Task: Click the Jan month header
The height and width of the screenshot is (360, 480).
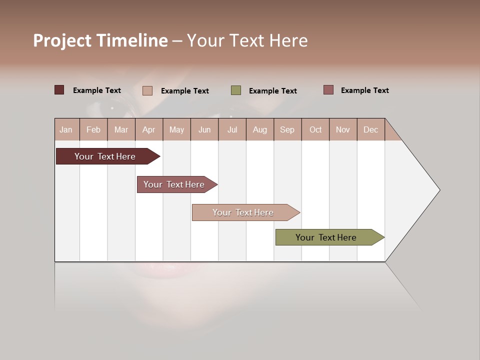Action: click(66, 129)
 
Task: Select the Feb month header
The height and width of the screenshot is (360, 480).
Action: click(93, 129)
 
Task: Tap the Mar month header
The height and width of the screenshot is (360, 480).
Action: click(121, 129)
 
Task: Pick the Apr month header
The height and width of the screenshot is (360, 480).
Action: click(149, 129)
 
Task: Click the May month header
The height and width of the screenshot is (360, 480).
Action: click(176, 129)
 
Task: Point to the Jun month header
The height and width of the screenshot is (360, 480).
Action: click(204, 129)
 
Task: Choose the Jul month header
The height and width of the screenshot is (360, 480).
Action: click(232, 129)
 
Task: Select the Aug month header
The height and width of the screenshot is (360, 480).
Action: click(260, 129)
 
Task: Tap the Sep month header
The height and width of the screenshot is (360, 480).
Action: click(287, 129)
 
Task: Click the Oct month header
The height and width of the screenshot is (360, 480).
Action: click(315, 129)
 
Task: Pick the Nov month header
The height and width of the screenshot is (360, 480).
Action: click(343, 129)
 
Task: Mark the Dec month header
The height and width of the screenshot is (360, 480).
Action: click(371, 129)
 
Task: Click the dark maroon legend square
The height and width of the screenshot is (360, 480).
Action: click(59, 90)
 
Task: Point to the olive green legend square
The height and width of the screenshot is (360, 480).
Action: click(236, 90)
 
